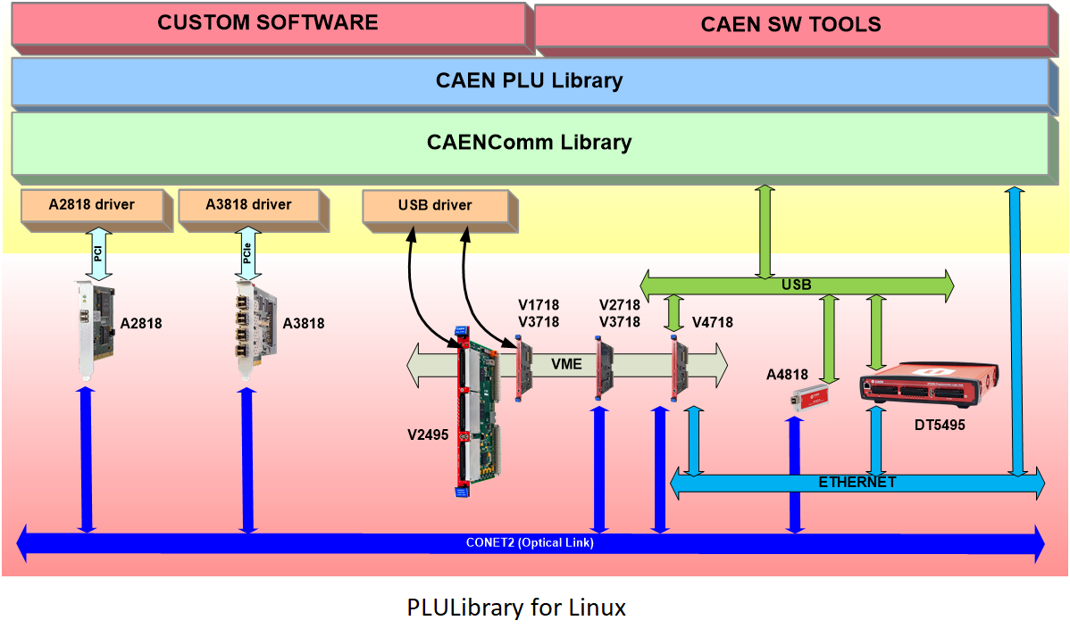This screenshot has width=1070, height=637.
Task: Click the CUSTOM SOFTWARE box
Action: coord(267,23)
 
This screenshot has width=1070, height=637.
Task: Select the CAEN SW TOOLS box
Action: coord(790,24)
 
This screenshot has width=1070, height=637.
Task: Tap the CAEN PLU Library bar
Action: coord(529,81)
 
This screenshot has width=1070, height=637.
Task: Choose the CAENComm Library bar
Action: coord(529,142)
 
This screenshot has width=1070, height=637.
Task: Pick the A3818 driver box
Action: coord(247,205)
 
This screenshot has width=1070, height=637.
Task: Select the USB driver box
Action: coord(435,206)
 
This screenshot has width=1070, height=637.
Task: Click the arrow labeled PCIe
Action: coord(247,252)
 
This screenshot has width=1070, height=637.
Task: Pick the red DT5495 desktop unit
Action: coord(926,385)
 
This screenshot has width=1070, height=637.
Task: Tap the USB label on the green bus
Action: coord(797,285)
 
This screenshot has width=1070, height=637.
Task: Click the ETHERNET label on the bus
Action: coord(857,483)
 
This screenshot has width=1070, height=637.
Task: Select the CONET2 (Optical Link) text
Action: coord(530,542)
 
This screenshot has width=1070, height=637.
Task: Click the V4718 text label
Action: coord(711,323)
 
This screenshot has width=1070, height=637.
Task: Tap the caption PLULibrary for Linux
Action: coord(516,608)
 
